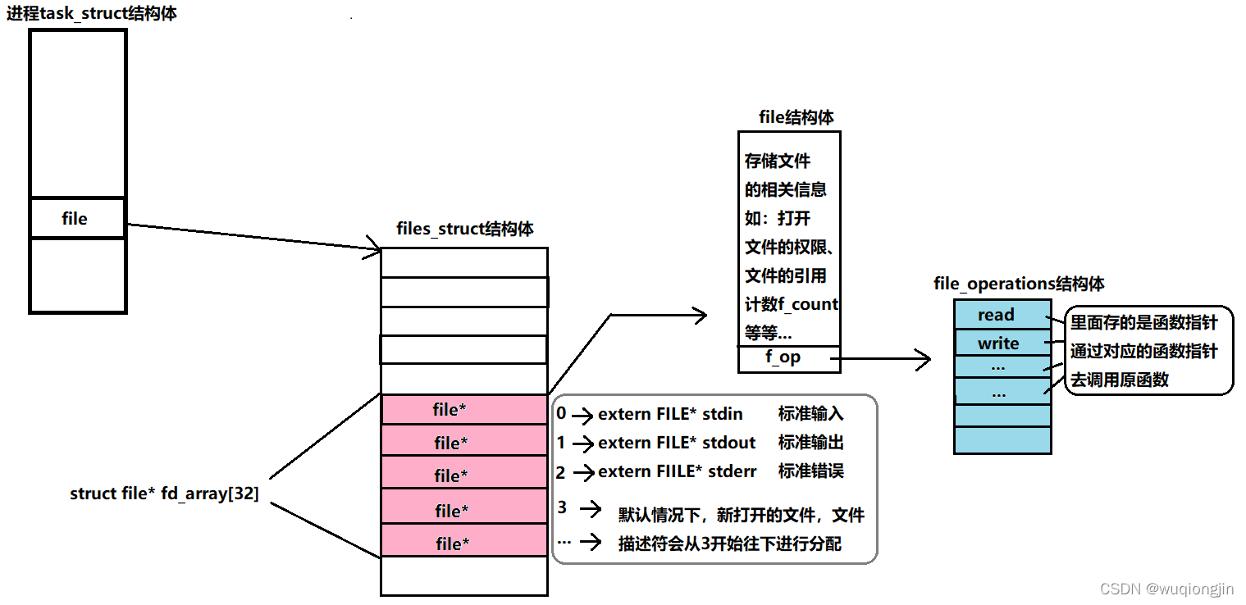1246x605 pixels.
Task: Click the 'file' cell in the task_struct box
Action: click(x=75, y=219)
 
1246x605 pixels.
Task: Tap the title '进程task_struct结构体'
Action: click(x=92, y=13)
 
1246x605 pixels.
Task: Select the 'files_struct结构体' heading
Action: click(x=465, y=228)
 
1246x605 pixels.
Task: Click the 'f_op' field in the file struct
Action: click(x=783, y=357)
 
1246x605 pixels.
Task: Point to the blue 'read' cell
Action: click(x=996, y=315)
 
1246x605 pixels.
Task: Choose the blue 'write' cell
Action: click(x=998, y=343)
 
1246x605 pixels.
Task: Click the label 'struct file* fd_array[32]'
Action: click(x=165, y=494)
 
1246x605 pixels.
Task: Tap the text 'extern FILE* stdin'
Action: click(x=670, y=414)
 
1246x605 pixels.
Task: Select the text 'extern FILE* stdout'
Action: click(x=677, y=443)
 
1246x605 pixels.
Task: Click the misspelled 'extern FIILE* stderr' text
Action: click(x=678, y=471)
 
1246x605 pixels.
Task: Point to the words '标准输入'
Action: click(x=810, y=414)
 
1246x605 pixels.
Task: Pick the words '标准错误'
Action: click(x=810, y=471)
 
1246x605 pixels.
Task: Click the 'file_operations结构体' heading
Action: click(x=1019, y=284)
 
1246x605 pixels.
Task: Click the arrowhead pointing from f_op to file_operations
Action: click(x=924, y=359)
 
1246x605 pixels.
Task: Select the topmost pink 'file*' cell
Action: click(x=450, y=410)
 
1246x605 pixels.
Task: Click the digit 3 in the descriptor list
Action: click(x=562, y=507)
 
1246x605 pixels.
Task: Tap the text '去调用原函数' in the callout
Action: click(x=1119, y=380)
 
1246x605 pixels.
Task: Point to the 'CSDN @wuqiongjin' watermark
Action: click(x=1166, y=589)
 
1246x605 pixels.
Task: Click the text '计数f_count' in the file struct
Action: click(x=791, y=304)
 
